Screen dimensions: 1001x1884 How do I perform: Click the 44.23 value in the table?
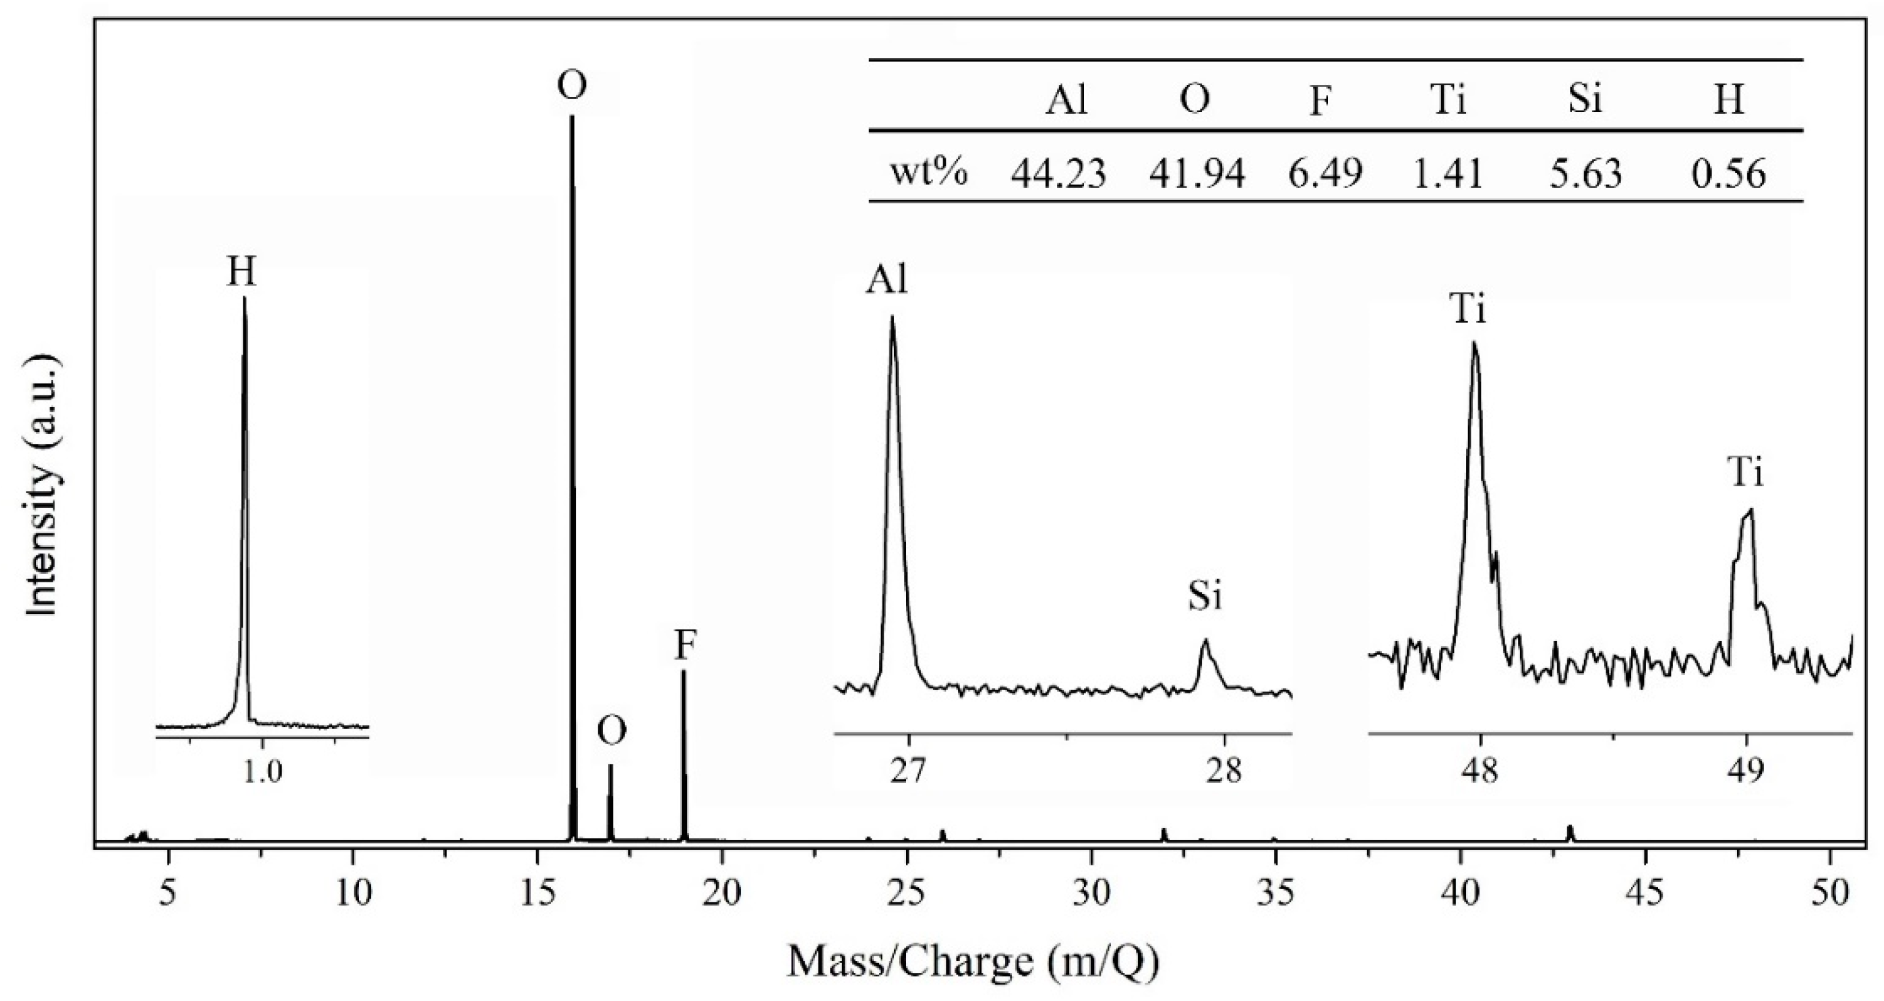click(x=1058, y=174)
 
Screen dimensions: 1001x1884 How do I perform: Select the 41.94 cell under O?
click(x=1196, y=174)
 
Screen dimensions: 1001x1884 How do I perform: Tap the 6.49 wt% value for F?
click(x=1324, y=174)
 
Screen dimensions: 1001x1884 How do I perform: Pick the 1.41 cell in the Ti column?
click(x=1448, y=174)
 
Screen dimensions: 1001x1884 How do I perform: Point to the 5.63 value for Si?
click(x=1586, y=174)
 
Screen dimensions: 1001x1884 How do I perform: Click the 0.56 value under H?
click(x=1730, y=174)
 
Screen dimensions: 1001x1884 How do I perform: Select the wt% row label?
click(x=928, y=174)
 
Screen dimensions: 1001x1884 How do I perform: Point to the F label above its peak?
click(x=685, y=646)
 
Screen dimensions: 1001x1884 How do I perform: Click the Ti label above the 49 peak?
click(x=1745, y=473)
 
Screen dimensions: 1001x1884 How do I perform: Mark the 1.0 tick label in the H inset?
click(x=262, y=773)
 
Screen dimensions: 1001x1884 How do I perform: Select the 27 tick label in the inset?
click(x=908, y=772)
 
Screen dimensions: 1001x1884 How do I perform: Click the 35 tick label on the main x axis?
click(x=1275, y=894)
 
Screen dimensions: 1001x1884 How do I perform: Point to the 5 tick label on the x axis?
click(x=169, y=894)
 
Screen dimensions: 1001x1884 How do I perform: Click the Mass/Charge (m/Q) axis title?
click(x=973, y=962)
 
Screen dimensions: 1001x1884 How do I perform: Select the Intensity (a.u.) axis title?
click(x=42, y=487)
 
